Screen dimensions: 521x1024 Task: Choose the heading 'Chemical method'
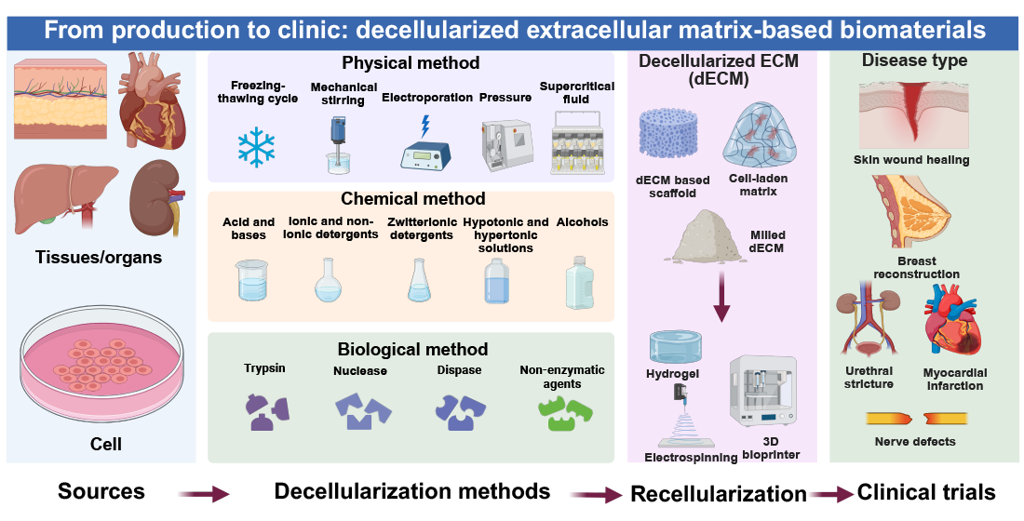(412, 198)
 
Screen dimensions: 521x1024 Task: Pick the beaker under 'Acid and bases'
(249, 282)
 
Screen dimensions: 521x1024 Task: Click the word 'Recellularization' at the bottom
(718, 494)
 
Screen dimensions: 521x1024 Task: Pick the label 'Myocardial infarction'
(954, 379)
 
